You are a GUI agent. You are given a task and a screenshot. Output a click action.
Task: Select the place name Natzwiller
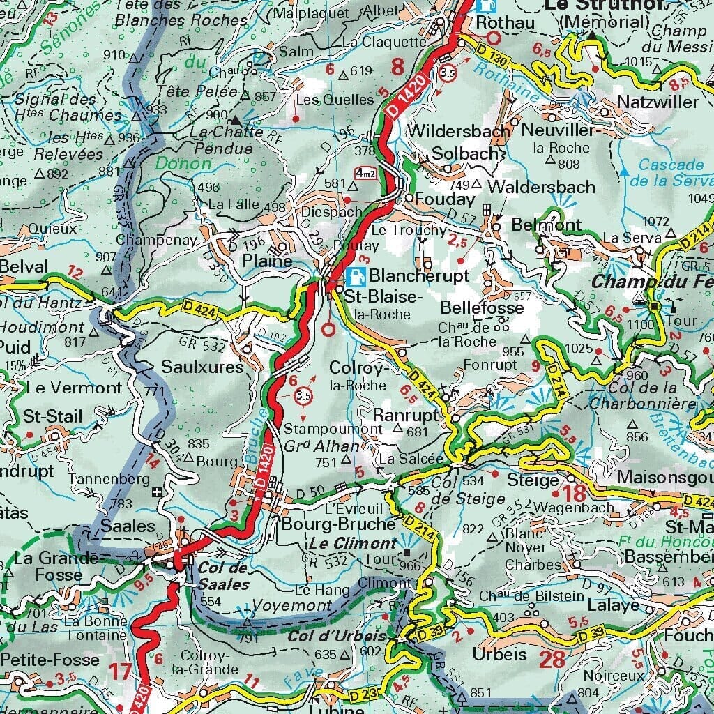point(657,102)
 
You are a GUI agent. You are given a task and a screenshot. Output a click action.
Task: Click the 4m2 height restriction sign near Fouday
point(365,173)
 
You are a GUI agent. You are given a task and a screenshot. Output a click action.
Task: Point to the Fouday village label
point(444,199)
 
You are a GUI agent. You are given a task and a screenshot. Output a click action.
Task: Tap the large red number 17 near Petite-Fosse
point(120,673)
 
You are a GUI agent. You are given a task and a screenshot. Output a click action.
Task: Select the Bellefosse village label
point(482,308)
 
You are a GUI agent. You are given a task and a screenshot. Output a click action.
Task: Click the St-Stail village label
point(52,417)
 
